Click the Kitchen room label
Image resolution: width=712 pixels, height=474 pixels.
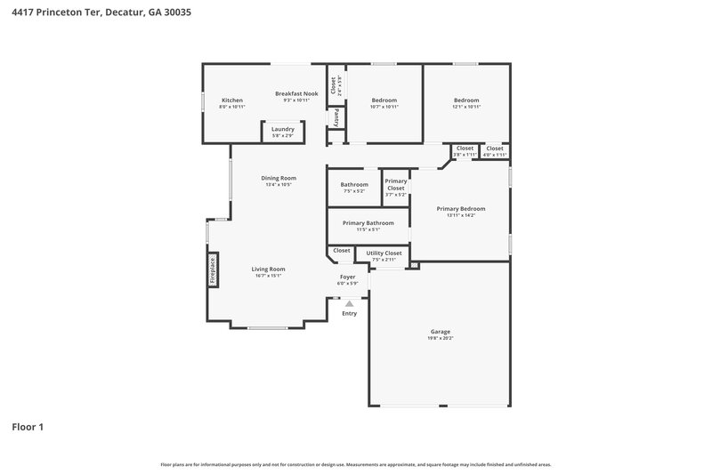[232, 100]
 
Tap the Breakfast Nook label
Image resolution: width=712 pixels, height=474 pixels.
[296, 94]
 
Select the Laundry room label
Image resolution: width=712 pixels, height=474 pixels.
[283, 129]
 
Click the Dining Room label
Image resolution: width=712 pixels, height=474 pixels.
[279, 178]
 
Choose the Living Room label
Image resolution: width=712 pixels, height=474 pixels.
[268, 269]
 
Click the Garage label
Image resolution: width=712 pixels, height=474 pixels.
[441, 331]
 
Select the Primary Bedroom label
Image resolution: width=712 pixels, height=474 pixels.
[461, 209]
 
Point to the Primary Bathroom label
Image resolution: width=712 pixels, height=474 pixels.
[368, 222]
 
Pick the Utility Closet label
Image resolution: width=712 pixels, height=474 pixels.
[384, 253]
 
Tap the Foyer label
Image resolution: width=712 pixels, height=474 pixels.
[348, 277]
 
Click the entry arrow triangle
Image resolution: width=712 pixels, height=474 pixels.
[349, 303]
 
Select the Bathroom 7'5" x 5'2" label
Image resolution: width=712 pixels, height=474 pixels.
[354, 184]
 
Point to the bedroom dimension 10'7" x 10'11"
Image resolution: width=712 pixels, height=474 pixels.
[384, 107]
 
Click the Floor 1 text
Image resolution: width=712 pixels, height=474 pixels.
[27, 427]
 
